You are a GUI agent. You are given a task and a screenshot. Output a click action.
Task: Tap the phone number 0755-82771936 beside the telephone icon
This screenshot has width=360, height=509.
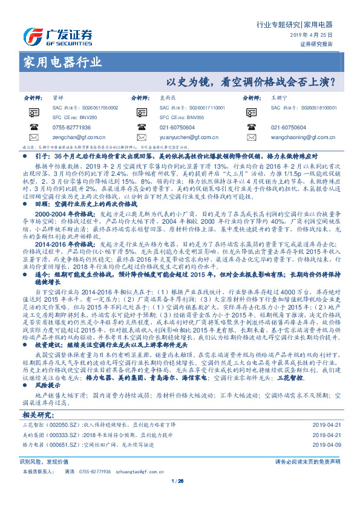click(x=72, y=128)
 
